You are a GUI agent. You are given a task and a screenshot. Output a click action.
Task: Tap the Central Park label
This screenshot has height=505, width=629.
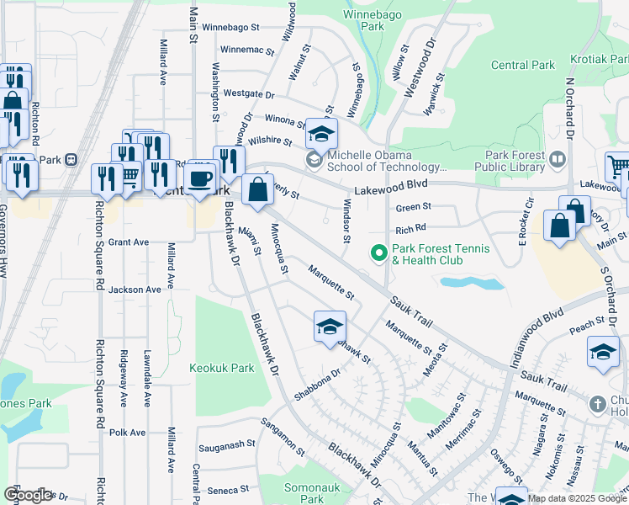point(522,65)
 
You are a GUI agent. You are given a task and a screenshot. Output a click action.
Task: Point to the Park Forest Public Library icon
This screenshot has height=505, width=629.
point(556,158)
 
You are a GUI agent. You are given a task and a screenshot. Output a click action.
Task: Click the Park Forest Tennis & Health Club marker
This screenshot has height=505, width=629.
point(379,252)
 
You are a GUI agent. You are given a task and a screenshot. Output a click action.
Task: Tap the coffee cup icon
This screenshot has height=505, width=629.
point(201,178)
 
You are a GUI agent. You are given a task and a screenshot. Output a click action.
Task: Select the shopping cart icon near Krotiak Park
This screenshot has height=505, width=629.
point(618,167)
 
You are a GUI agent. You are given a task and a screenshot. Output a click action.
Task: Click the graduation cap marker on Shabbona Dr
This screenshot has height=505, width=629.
point(330,327)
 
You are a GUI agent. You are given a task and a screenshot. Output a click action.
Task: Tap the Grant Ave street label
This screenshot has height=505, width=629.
point(129,242)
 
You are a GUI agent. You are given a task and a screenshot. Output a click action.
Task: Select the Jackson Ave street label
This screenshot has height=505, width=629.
point(134,290)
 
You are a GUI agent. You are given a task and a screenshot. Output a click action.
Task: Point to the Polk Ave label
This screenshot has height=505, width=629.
point(127,433)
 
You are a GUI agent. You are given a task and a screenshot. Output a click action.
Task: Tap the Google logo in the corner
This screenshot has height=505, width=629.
point(28,495)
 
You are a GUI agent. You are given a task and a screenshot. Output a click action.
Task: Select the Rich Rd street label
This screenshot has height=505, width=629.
point(411,228)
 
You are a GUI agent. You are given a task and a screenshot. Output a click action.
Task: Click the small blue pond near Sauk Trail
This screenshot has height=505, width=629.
point(472,283)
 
